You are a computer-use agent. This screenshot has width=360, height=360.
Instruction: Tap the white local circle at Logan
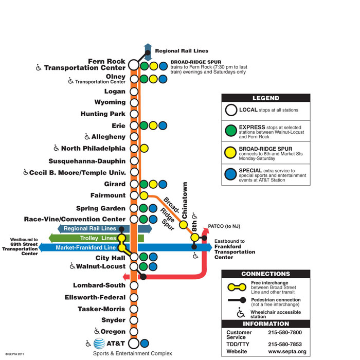134,92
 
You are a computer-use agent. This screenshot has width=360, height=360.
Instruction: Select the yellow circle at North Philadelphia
144,148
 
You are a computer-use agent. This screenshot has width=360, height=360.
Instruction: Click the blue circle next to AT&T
145,343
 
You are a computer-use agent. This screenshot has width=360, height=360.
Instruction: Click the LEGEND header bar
265,98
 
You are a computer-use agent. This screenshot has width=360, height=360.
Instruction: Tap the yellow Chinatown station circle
183,225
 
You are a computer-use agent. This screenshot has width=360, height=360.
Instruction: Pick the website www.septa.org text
287,352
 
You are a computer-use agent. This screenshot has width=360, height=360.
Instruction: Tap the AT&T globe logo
99,343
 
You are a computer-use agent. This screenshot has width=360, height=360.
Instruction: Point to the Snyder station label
113,320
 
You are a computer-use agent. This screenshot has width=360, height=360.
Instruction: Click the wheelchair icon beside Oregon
97,332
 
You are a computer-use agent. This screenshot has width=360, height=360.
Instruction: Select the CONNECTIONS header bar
265,274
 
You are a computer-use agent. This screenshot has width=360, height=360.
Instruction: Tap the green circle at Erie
145,125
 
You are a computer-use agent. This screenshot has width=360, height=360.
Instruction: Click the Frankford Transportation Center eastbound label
234,249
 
